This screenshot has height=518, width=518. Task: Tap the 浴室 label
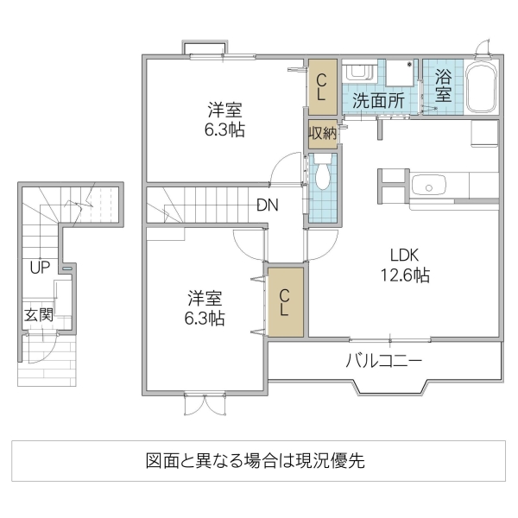[x=442, y=85]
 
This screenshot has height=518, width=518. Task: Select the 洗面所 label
[x=378, y=99]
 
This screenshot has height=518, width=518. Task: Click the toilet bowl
[x=323, y=176]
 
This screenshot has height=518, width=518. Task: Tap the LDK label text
[x=404, y=256]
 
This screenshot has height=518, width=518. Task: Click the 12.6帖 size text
[x=404, y=276]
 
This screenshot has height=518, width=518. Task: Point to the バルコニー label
[x=384, y=360]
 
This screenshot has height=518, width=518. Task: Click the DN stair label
[x=266, y=205]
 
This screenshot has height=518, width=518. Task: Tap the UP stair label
[x=39, y=268]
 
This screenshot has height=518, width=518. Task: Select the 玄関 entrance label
[x=39, y=315]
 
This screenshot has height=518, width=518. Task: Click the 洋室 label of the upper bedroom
[x=224, y=111]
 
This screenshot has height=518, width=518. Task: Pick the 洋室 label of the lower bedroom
[x=205, y=299]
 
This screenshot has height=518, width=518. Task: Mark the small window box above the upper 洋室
[x=205, y=47]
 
